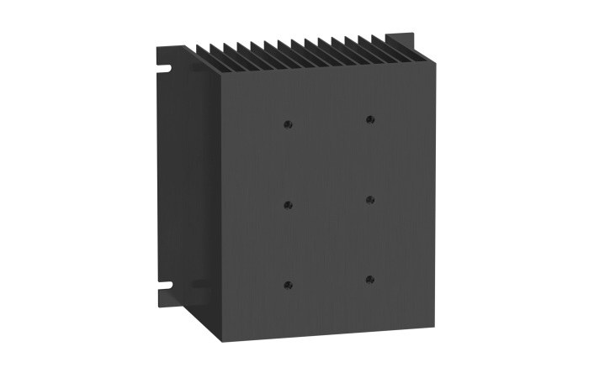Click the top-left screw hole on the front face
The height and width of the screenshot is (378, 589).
click(x=288, y=124)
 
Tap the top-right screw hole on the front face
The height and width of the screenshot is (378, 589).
click(x=369, y=119)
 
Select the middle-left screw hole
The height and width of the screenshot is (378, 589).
click(x=288, y=204)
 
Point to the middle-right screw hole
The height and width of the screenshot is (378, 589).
click(x=369, y=200)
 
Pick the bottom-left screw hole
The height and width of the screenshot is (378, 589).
click(x=288, y=284)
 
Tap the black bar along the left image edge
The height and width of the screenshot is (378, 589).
click(x=52, y=189)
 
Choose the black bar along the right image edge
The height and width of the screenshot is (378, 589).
click(x=536, y=189)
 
